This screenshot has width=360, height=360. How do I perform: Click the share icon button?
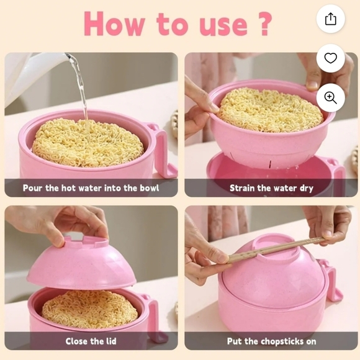pos(330,19)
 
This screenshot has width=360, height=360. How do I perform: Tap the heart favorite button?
pos(330,58)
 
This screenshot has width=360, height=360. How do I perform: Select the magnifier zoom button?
pos(330,97)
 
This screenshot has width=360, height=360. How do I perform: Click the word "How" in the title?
pos(115,24)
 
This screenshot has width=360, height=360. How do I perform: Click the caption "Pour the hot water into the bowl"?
pos(91,187)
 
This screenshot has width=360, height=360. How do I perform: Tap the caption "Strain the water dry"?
pos(271,187)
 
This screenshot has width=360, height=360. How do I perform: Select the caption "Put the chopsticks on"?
pos(271,341)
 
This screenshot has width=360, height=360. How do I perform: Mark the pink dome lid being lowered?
pos(81,264)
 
